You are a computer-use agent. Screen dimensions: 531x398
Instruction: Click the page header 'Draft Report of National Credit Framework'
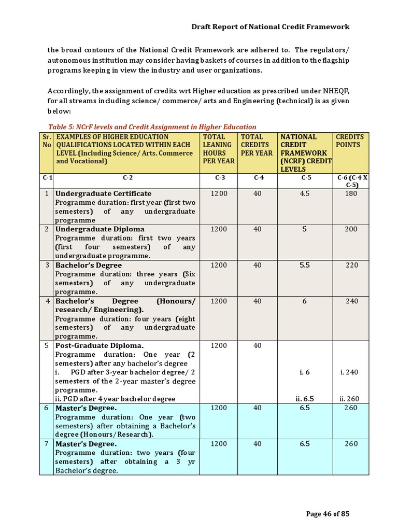pyautogui.click(x=271, y=26)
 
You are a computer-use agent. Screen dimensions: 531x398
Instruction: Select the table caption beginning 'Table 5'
pyautogui.click(x=152, y=127)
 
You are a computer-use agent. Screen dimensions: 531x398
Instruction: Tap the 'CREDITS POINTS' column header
pyautogui.click(x=350, y=141)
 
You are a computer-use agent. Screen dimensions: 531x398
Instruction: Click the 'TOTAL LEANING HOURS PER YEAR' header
pyautogui.click(x=218, y=149)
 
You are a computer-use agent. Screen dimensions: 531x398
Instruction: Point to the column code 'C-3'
pyautogui.click(x=219, y=178)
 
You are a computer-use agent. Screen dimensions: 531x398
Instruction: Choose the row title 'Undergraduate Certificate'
pyautogui.click(x=104, y=193)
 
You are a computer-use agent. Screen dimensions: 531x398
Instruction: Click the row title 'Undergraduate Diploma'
pyautogui.click(x=100, y=229)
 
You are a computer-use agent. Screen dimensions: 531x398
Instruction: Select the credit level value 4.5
pyautogui.click(x=305, y=193)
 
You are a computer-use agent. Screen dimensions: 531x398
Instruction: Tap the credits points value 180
pyautogui.click(x=351, y=193)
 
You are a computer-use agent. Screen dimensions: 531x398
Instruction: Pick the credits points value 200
pyautogui.click(x=351, y=229)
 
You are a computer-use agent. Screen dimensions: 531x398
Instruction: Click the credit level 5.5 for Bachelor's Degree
pyautogui.click(x=305, y=265)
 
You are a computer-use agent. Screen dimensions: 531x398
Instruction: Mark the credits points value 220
pyautogui.click(x=351, y=265)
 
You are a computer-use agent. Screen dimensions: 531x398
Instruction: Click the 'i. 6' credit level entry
pyautogui.click(x=305, y=372)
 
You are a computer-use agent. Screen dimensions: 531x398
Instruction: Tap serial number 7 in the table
pyautogui.click(x=47, y=444)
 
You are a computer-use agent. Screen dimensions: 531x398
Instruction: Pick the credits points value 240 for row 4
pyautogui.click(x=351, y=301)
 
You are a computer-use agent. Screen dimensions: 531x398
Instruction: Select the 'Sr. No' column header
pyautogui.click(x=47, y=141)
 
